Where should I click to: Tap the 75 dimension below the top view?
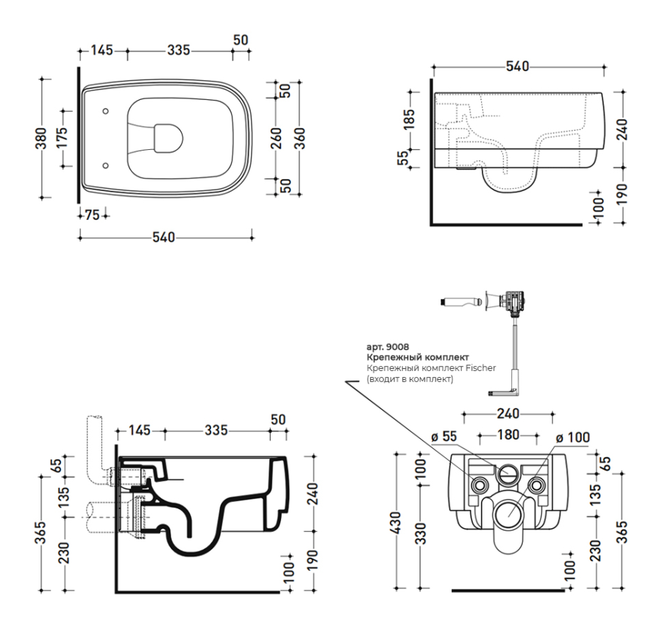coord(92,215)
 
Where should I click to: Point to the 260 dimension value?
coord(276,137)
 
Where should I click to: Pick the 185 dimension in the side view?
coord(410,117)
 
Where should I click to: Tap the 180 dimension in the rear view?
coord(508,434)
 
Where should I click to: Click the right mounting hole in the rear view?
coord(536,486)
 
